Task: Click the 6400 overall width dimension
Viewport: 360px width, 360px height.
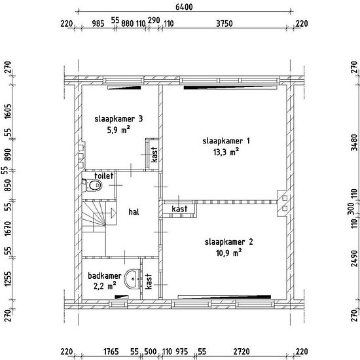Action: pyautogui.click(x=184, y=7)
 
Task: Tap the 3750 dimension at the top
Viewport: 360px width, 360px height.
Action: pyautogui.click(x=225, y=24)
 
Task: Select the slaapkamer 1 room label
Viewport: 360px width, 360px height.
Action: pyautogui.click(x=226, y=141)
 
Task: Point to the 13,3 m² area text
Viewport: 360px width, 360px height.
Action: pyautogui.click(x=226, y=152)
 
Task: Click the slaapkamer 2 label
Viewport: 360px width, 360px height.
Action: pyautogui.click(x=229, y=242)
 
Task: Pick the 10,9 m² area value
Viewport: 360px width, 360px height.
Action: pyautogui.click(x=228, y=253)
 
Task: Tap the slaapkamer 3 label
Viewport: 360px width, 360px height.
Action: pyautogui.click(x=118, y=118)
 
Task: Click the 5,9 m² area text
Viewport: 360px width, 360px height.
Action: pyautogui.click(x=118, y=130)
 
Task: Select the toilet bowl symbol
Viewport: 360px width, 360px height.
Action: pyautogui.click(x=92, y=185)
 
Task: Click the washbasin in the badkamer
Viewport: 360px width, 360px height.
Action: pyautogui.click(x=132, y=279)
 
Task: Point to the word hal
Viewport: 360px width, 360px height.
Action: pyautogui.click(x=134, y=211)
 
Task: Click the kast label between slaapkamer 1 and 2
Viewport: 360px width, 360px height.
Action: pyautogui.click(x=179, y=209)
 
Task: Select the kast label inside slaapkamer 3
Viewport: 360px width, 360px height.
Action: pyautogui.click(x=154, y=154)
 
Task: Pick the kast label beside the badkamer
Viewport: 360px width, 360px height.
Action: pyautogui.click(x=149, y=281)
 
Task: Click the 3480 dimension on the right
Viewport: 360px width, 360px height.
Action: pyautogui.click(x=355, y=142)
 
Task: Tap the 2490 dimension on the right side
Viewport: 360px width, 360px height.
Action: pyautogui.click(x=355, y=259)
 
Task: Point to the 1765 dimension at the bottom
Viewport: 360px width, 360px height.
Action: pyautogui.click(x=111, y=351)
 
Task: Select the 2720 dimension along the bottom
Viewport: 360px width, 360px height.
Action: pyautogui.click(x=242, y=351)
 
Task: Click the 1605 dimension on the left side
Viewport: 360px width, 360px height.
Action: pyautogui.click(x=8, y=111)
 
